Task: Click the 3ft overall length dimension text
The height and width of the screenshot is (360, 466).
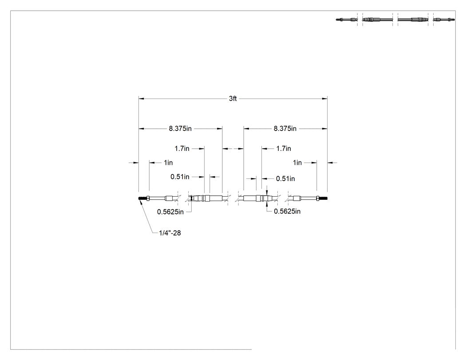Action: pos(233,99)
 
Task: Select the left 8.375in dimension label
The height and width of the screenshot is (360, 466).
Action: pos(180,129)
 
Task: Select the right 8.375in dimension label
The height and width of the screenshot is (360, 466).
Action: pos(285,129)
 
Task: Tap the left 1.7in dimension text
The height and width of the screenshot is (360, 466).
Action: pos(182,148)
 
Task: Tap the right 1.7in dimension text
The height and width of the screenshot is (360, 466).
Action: pos(284,148)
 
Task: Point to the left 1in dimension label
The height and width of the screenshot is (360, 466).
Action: pos(168,162)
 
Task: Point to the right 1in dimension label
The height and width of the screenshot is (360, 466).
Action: pos(297,162)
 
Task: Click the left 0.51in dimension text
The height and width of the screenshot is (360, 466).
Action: pos(180,177)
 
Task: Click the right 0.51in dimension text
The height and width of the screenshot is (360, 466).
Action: pos(285,178)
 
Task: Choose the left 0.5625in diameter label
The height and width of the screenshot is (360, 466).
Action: pos(170,212)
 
